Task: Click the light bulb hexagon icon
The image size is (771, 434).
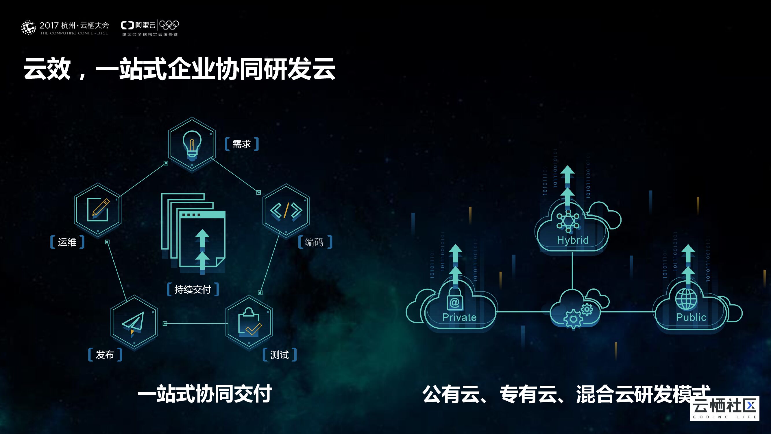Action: pos(192,144)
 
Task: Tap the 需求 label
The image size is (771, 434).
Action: pos(242,144)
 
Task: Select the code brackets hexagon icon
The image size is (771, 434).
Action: pos(286,210)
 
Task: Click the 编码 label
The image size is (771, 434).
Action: pos(314,242)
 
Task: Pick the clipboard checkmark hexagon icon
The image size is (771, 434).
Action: pos(249,322)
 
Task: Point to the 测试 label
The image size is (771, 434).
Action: pos(280,355)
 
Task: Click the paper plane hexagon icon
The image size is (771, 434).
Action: pos(134,322)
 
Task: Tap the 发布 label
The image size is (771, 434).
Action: pos(105,355)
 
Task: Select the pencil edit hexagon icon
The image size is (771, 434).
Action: pos(98,210)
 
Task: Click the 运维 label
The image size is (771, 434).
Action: pos(67,242)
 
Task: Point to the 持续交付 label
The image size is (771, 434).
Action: pos(193,289)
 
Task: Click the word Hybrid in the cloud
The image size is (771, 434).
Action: pos(573,240)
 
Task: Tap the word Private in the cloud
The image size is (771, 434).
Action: pos(459,317)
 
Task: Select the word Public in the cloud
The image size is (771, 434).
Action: pos(691,317)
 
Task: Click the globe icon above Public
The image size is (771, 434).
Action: pos(686,299)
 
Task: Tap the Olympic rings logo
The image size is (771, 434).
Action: pos(169,25)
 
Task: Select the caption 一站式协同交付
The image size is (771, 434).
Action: pos(205,394)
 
